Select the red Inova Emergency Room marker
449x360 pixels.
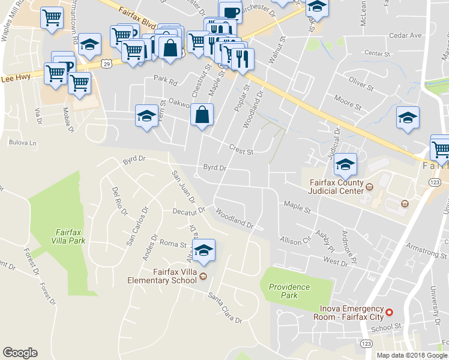(x=389, y=312)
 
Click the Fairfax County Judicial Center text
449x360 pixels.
(x=336, y=187)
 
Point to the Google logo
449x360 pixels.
(x=20, y=353)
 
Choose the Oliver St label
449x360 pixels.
(x=361, y=83)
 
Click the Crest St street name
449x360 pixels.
(x=241, y=149)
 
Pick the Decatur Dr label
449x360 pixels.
(x=189, y=211)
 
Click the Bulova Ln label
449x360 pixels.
(x=23, y=143)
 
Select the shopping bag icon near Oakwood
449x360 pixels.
(x=202, y=114)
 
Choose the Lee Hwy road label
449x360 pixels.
(x=16, y=78)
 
